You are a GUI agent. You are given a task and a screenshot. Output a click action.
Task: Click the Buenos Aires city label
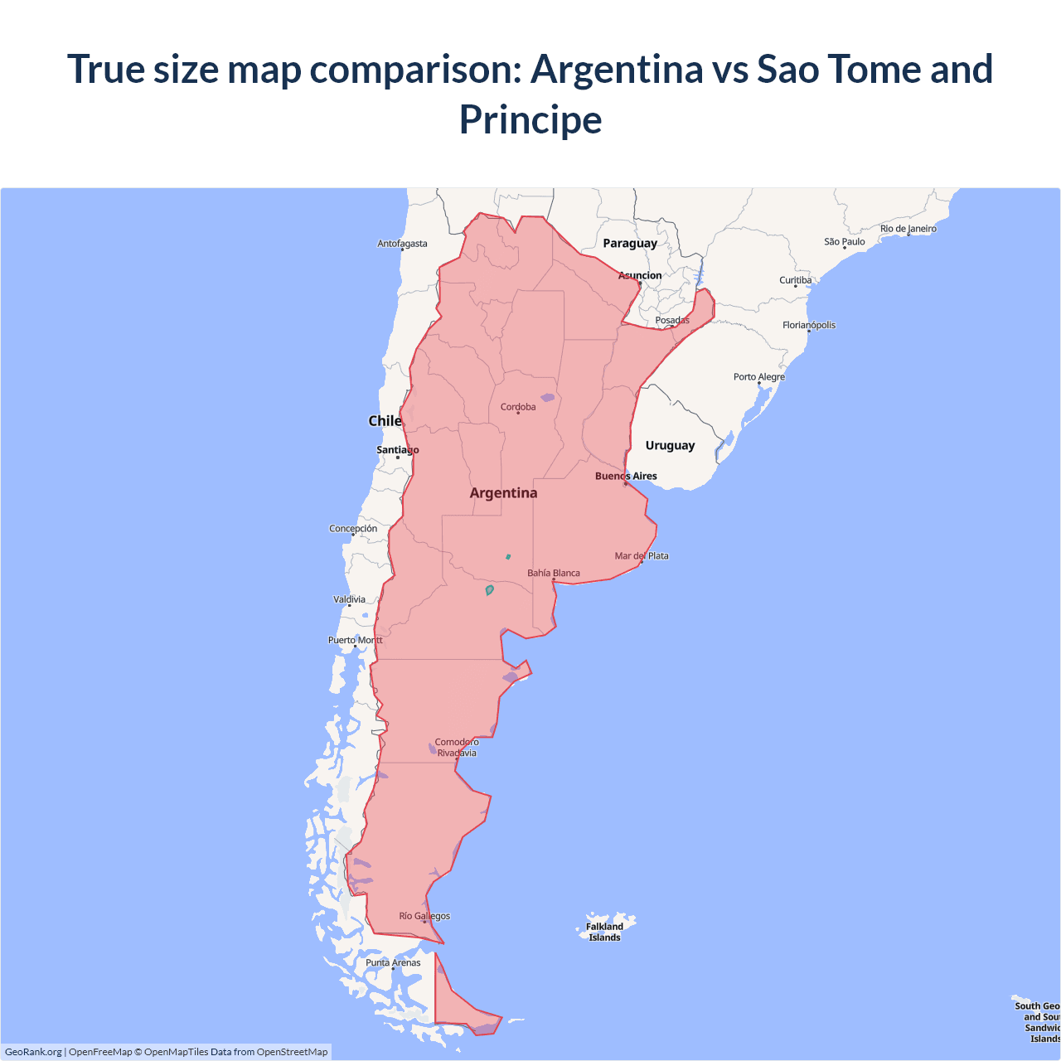click(x=626, y=476)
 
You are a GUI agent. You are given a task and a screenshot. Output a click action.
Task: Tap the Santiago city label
click(x=398, y=450)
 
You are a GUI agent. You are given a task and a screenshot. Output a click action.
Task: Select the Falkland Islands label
click(x=604, y=932)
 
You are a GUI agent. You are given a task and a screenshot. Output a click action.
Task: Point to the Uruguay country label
click(x=670, y=445)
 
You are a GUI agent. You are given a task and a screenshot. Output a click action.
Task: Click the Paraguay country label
click(x=630, y=243)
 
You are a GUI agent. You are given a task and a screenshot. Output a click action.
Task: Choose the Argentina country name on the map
click(x=503, y=492)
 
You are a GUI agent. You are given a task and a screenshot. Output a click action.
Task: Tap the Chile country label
click(x=385, y=420)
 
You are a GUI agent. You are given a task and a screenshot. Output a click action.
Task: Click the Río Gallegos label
click(x=424, y=916)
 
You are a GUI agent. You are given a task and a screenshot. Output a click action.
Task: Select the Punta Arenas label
click(x=393, y=962)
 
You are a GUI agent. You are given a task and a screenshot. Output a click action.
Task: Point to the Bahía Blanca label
click(x=554, y=573)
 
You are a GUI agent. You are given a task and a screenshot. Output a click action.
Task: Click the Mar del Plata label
click(x=642, y=555)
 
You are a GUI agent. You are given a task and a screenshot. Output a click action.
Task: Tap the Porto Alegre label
click(x=758, y=376)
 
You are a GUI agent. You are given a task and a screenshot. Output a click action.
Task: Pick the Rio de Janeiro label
click(x=908, y=228)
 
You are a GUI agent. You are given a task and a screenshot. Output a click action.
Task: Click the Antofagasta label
click(x=402, y=243)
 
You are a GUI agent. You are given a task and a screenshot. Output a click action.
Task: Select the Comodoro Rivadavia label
click(x=457, y=748)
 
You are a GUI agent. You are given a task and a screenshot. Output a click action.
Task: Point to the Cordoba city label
click(x=518, y=406)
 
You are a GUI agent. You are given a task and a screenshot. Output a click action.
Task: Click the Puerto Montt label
click(x=356, y=640)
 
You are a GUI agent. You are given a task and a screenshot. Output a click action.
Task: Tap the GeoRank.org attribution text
click(x=33, y=1052)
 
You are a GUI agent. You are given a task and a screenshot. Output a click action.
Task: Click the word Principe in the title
click(x=530, y=119)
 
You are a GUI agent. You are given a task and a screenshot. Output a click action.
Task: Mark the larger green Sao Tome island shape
click(x=489, y=590)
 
